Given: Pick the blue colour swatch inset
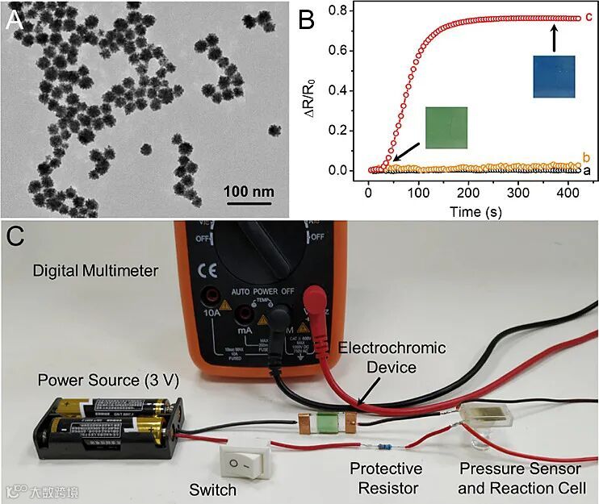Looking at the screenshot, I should click(x=554, y=77).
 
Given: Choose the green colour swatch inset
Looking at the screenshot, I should click(x=446, y=127).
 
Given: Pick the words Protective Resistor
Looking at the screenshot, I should click(x=385, y=478).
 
